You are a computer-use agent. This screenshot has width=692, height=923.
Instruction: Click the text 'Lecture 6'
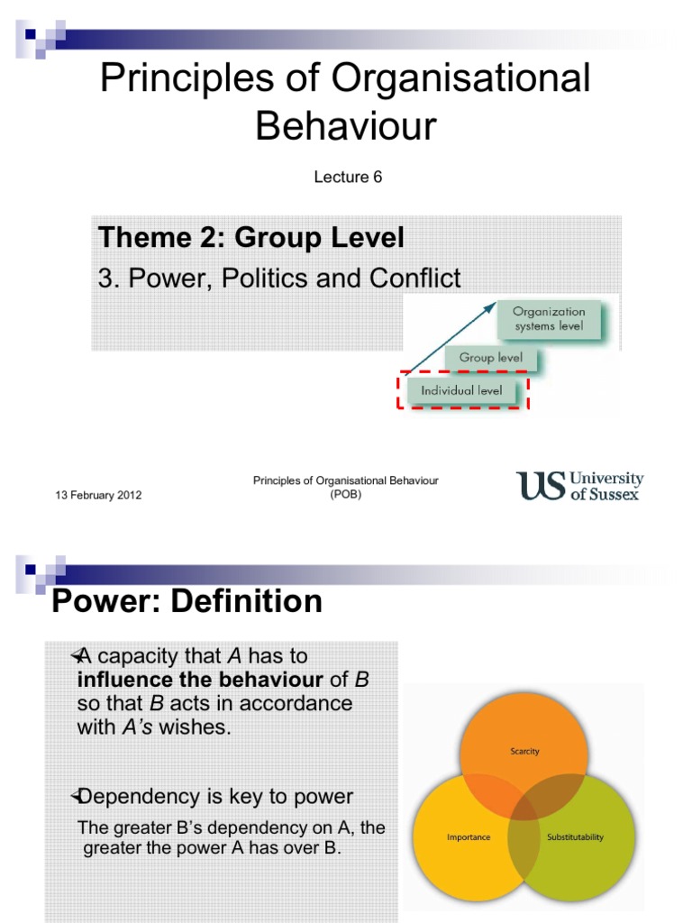pos(348,177)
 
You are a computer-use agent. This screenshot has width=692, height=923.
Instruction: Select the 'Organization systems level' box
pos(549,319)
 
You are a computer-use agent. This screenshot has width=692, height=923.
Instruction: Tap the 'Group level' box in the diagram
pos(490,358)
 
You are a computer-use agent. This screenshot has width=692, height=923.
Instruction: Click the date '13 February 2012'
pos(98,496)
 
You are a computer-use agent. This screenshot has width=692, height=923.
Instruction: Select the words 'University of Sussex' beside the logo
pos(606,486)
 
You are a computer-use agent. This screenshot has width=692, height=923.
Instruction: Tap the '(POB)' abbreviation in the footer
pos(346,494)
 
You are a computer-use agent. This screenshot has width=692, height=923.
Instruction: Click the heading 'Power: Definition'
pos(187,601)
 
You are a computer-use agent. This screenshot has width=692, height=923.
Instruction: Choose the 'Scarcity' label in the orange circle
pos(524,751)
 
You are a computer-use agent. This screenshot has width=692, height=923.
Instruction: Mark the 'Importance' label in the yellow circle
pos(469,837)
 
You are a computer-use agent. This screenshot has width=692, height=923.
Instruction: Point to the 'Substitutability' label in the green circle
pos(576,837)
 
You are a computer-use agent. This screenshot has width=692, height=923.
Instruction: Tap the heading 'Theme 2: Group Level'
pos(251,238)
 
